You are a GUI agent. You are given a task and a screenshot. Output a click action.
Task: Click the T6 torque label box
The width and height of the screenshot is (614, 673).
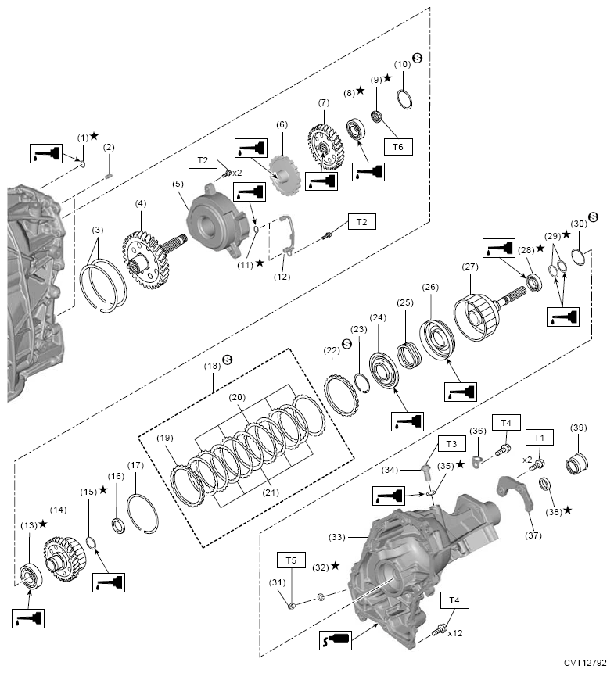click(398, 147)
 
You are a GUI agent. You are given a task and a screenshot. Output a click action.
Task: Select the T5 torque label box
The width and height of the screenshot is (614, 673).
click(291, 560)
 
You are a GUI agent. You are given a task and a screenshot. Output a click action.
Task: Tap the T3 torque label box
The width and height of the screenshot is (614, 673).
click(451, 444)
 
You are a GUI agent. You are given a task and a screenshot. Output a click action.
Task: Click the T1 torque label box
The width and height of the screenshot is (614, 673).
click(539, 438)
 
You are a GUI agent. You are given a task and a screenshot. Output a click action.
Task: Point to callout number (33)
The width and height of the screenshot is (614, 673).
click(337, 537)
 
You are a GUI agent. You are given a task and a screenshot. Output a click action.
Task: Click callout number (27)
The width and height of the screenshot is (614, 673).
click(470, 267)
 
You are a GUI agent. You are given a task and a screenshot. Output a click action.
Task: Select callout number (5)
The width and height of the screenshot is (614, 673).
click(178, 184)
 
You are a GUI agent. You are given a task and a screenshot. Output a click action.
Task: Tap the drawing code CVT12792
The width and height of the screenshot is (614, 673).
click(585, 663)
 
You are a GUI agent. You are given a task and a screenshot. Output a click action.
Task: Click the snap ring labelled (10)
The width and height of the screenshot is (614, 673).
click(404, 99)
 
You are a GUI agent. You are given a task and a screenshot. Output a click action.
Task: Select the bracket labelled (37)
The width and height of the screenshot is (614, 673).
click(515, 491)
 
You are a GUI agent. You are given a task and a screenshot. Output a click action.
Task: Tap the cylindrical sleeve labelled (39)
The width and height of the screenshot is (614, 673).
click(576, 464)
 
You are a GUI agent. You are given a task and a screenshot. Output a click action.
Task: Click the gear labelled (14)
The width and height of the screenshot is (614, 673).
click(64, 559)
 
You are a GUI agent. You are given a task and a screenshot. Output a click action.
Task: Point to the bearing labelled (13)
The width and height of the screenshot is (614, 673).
click(31, 575)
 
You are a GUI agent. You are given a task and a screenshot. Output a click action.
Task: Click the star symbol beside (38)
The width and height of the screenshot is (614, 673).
click(567, 510)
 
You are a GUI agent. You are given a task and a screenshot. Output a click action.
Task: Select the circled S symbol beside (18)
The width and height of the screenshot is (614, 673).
click(227, 360)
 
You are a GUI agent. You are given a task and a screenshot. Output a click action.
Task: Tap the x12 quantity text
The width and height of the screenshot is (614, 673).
click(455, 633)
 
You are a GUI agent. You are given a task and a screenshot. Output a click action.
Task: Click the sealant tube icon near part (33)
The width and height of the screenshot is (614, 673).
click(336, 640)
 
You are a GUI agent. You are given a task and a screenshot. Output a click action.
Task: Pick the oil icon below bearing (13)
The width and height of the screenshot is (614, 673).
click(28, 618)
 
